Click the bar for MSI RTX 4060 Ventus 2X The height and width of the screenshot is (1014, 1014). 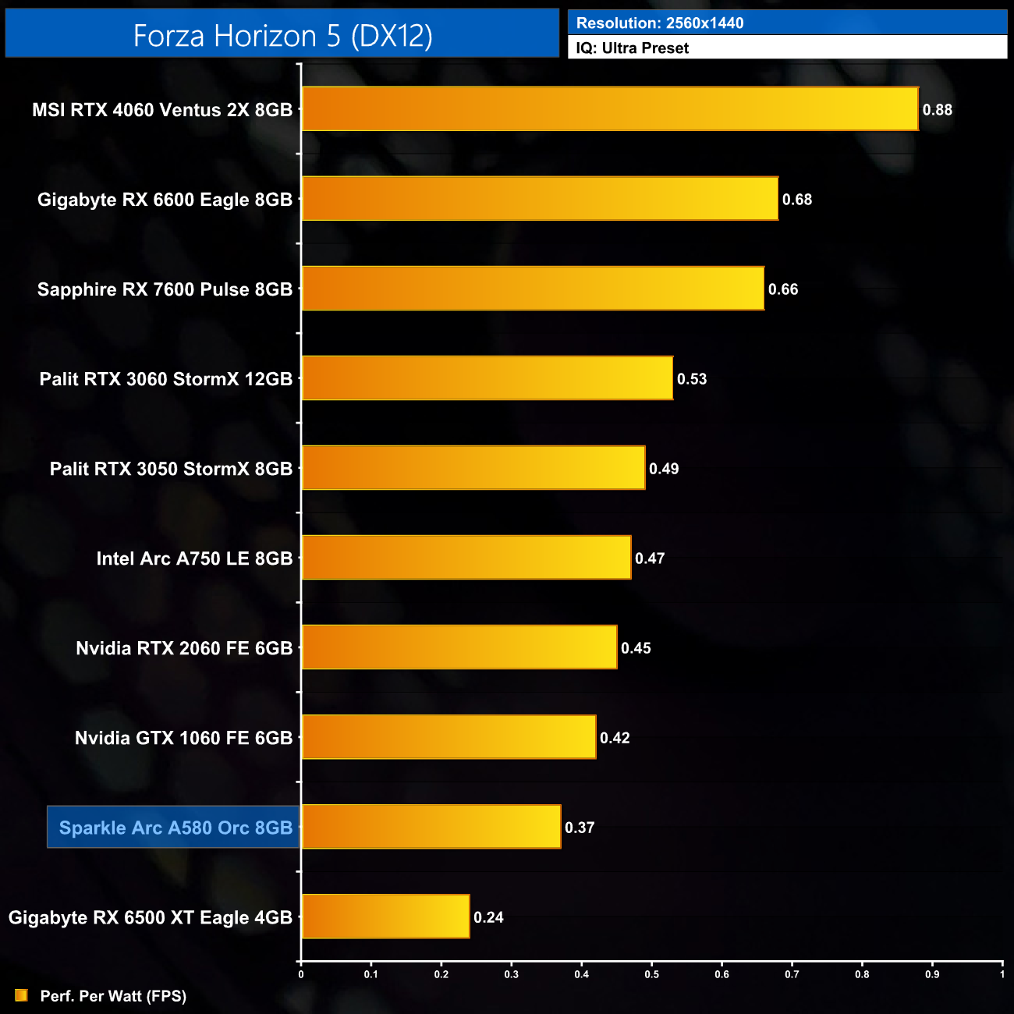click(610, 109)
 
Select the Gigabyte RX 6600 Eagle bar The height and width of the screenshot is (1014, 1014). click(540, 199)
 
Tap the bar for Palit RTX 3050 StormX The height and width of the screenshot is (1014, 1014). click(473, 468)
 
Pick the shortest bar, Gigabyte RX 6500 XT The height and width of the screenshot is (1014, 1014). click(385, 916)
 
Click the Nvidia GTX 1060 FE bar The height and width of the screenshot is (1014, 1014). click(448, 737)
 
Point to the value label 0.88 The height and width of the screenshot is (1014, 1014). click(937, 110)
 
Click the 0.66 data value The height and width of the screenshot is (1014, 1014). click(782, 289)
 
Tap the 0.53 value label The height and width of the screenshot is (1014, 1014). click(691, 379)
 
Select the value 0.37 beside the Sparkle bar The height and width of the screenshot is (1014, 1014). click(580, 828)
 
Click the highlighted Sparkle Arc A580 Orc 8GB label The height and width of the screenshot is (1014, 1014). click(175, 828)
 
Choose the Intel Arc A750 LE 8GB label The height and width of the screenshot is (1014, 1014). click(194, 558)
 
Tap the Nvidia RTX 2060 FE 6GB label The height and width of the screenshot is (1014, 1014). click(184, 648)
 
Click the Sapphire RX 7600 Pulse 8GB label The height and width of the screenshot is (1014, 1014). click(165, 289)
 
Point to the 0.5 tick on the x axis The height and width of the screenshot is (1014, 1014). click(651, 974)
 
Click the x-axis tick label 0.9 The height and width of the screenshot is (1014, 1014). click(932, 974)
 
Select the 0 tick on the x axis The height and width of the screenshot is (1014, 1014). click(301, 974)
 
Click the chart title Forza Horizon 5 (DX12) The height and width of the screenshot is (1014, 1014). click(282, 35)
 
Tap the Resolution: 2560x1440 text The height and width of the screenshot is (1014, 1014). click(660, 23)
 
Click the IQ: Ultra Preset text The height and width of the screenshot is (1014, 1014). click(633, 48)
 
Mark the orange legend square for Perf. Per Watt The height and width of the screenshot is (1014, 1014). click(22, 995)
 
